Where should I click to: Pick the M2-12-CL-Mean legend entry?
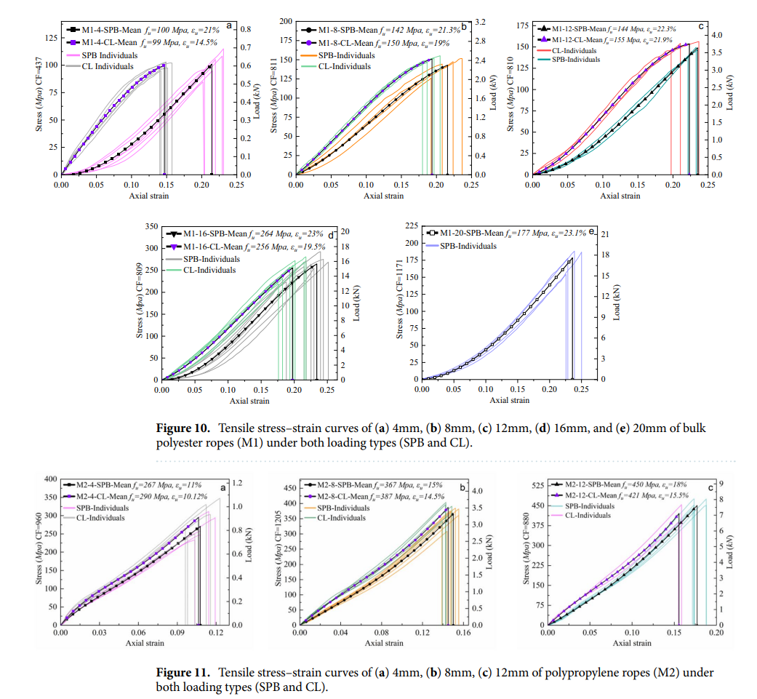point(589,495)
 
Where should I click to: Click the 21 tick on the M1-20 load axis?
point(604,235)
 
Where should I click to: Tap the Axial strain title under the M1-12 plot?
point(620,196)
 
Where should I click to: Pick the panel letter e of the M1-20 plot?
point(592,231)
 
